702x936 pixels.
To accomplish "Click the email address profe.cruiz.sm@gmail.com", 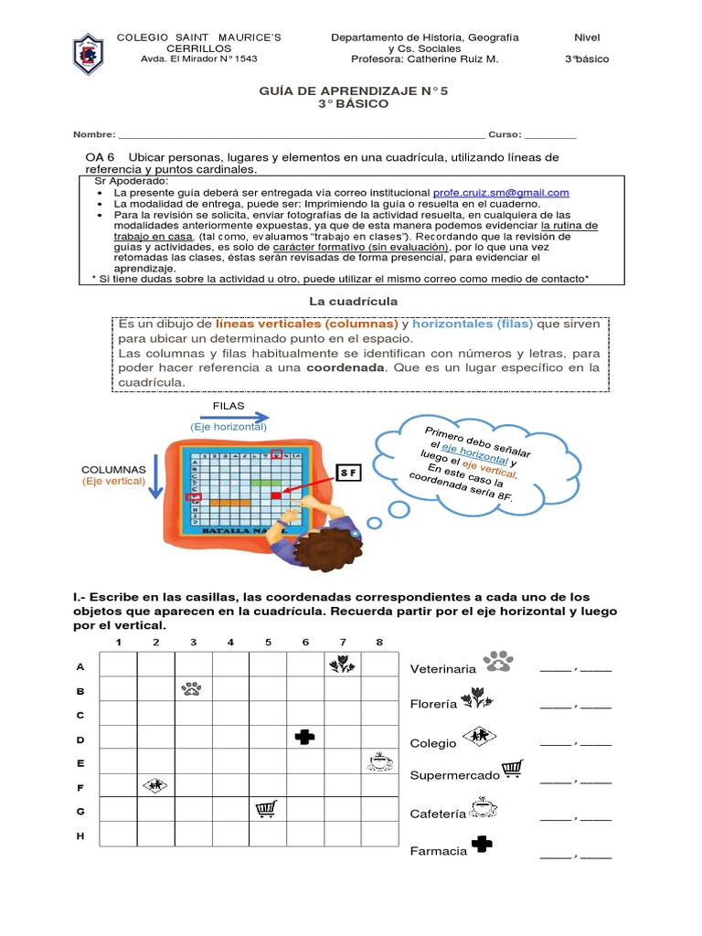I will (x=501, y=193).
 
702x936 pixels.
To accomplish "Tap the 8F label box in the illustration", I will (x=347, y=473).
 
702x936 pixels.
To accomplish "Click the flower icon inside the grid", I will (x=341, y=665).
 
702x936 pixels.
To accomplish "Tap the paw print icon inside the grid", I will (x=192, y=688).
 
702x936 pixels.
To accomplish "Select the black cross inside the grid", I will (x=303, y=737).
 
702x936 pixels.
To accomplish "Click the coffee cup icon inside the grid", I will (x=378, y=760).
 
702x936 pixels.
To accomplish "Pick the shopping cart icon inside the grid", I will (x=267, y=809).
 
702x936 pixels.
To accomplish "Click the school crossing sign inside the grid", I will (x=154, y=784).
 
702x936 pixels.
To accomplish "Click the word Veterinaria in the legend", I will (x=443, y=669).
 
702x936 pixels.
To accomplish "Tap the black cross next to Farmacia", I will (x=482, y=846).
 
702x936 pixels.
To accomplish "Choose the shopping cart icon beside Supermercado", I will (x=513, y=771).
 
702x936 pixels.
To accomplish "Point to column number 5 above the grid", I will (x=268, y=642).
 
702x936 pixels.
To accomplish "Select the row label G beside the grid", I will (x=80, y=811).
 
